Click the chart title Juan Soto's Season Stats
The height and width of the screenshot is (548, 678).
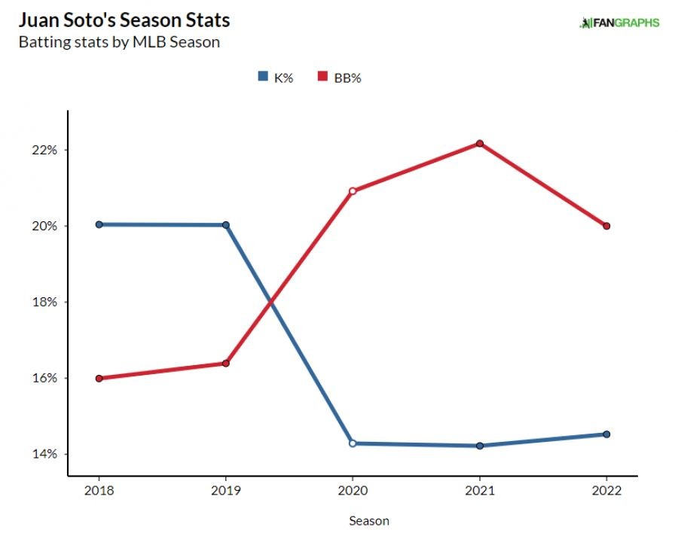pos(124,19)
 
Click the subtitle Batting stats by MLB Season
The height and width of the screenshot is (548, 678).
pos(119,42)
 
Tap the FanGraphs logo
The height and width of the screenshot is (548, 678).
pos(619,23)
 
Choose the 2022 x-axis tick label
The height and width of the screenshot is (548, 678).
pos(606,490)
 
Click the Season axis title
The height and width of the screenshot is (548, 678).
pos(369,520)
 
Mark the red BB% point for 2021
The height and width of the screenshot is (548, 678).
pos(479,144)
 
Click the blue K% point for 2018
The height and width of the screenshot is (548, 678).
pos(99,224)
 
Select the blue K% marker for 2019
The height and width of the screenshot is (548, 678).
pos(226,225)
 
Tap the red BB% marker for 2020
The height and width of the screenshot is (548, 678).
pos(353,190)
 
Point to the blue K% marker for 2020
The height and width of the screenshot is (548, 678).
pos(353,443)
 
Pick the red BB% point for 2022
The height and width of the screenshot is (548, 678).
pos(606,226)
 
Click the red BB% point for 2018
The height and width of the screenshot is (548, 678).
pos(99,379)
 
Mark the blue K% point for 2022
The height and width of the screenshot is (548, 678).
pos(606,434)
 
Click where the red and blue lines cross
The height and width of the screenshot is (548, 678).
pos(270,302)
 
